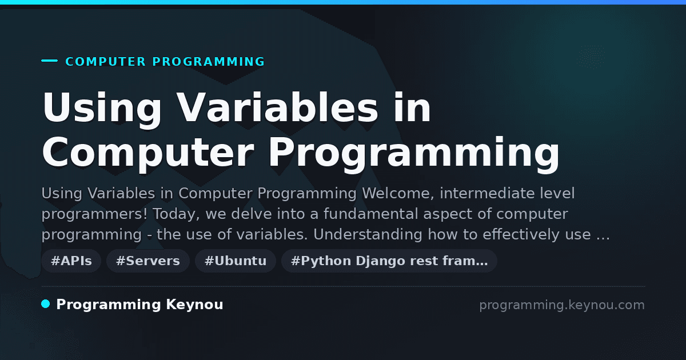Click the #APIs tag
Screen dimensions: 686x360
pyautogui.click(x=71, y=261)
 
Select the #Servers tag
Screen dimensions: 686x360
pyautogui.click(x=148, y=261)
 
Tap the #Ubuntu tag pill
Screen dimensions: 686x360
pyautogui.click(x=236, y=261)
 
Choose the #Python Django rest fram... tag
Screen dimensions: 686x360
pyautogui.click(x=389, y=261)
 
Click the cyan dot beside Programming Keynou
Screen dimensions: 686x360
pyautogui.click(x=46, y=304)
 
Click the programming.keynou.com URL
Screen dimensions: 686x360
pyautogui.click(x=562, y=305)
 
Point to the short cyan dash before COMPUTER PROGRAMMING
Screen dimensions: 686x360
pyautogui.click(x=49, y=61)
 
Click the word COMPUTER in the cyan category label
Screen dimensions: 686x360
pyautogui.click(x=106, y=62)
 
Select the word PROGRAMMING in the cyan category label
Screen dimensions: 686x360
pyautogui.click(x=209, y=62)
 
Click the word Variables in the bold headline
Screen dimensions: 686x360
pyautogui.click(x=277, y=107)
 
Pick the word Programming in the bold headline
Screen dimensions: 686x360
pyautogui.click(x=414, y=155)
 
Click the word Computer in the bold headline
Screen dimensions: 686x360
pyautogui.click(x=148, y=155)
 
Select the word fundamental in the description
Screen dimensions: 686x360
pyautogui.click(x=371, y=214)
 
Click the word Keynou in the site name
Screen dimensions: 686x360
pyautogui.click(x=194, y=305)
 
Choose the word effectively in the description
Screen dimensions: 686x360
pyautogui.click(x=521, y=235)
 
